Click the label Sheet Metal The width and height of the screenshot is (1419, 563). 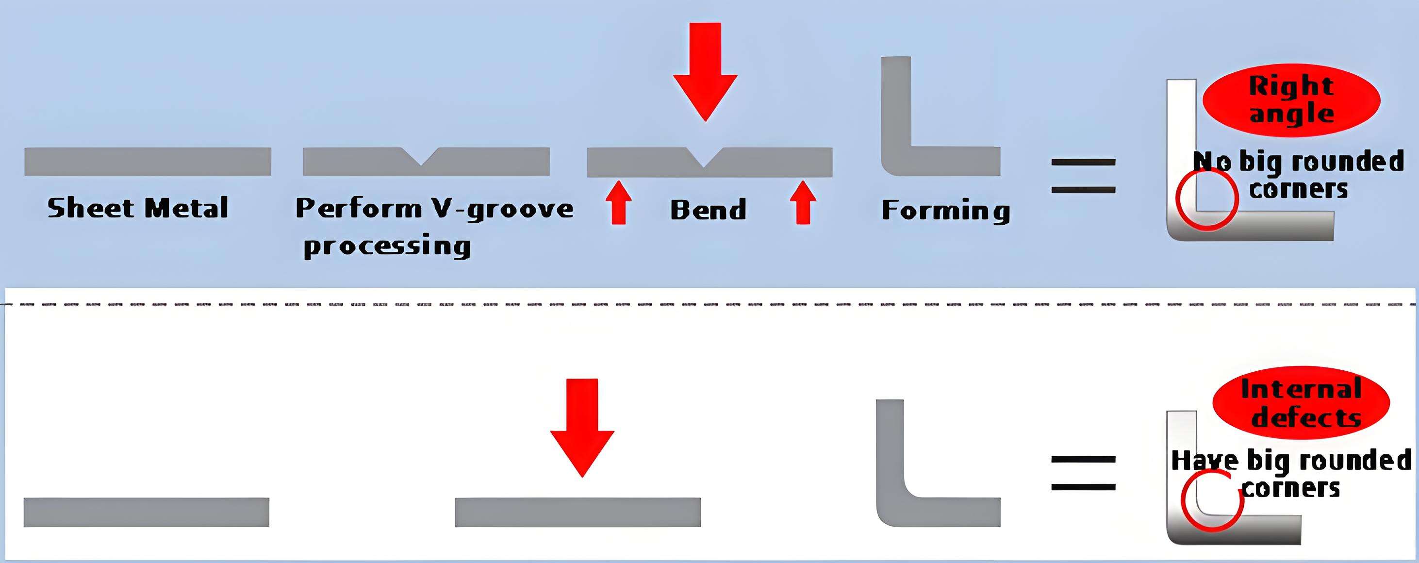point(138,208)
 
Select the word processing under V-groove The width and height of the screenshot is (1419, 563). point(387,246)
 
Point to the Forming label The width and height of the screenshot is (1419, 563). point(946,211)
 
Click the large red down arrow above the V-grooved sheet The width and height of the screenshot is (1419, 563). point(705,72)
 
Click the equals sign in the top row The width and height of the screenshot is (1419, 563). point(1083,176)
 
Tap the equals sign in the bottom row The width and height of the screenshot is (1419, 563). point(1083,473)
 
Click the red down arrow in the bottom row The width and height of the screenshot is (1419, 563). point(582,427)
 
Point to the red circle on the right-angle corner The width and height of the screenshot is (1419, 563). point(1207,199)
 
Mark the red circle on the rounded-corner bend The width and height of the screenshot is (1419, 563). point(1212,501)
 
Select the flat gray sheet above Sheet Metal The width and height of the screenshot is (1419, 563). point(148,162)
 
